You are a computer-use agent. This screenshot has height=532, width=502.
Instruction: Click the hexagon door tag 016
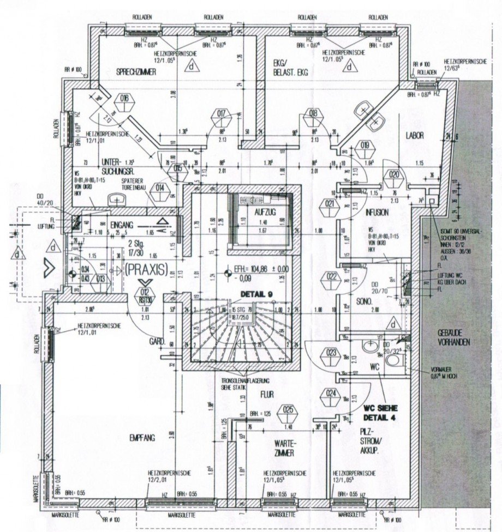click(124, 99)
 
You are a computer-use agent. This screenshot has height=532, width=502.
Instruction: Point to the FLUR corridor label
click(267, 393)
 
